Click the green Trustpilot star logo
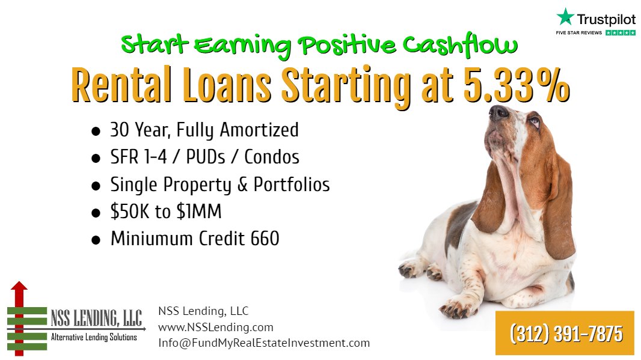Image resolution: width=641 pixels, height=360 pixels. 565,16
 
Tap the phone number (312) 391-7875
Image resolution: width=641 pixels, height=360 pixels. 565,333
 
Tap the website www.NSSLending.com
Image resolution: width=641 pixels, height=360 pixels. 215,328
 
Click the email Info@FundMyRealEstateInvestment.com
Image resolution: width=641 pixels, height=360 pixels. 264,343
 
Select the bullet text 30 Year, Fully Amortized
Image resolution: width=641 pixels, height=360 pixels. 204,130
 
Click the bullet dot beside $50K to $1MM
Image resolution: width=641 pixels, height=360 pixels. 96,213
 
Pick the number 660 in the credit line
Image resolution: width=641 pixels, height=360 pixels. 265,239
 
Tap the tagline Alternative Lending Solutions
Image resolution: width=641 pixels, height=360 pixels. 94,338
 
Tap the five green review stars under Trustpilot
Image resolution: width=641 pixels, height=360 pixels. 621,32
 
